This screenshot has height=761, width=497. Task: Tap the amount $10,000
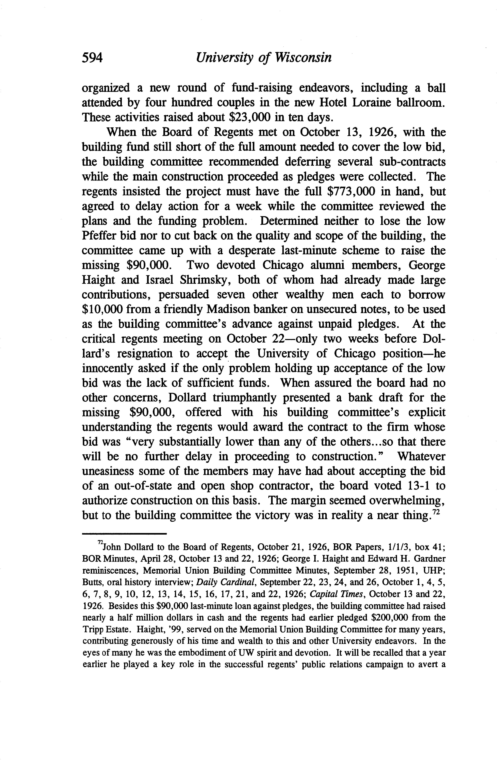tap(102, 309)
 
